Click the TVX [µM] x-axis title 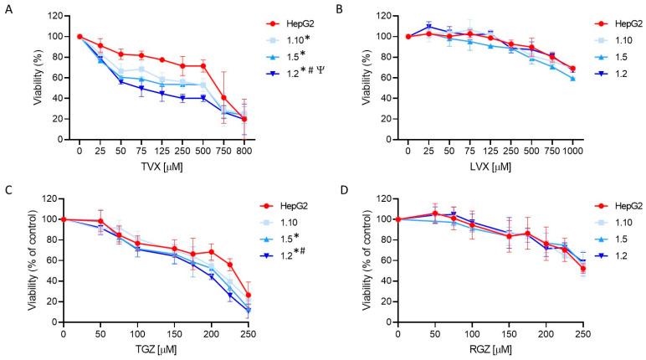[x=164, y=167]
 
